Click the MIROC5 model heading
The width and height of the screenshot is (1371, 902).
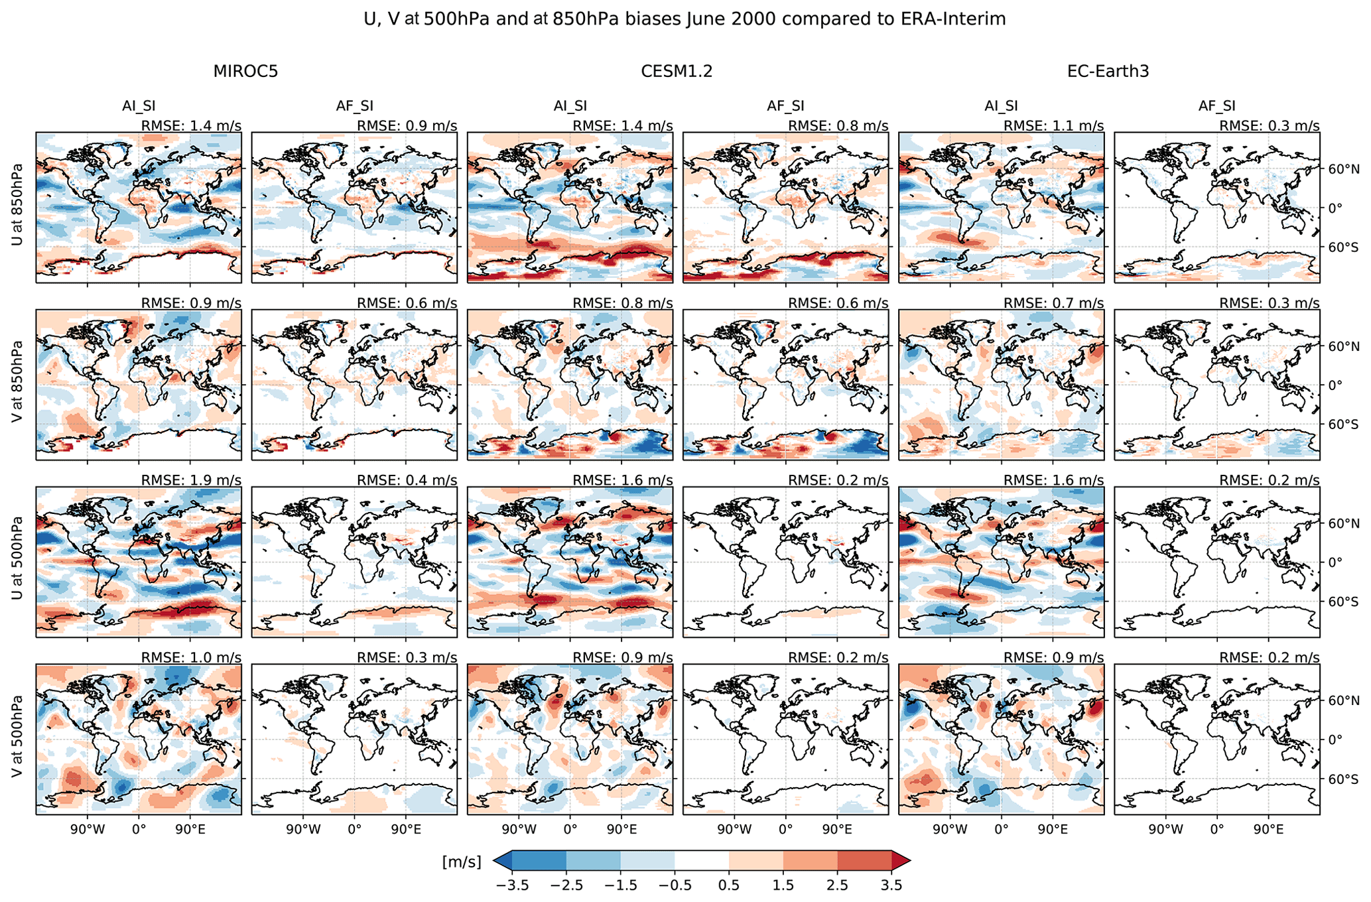coord(245,72)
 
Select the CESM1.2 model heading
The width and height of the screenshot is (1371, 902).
coord(677,72)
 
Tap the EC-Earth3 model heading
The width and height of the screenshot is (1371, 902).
coord(1108,72)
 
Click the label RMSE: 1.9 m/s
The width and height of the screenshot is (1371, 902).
coord(191,480)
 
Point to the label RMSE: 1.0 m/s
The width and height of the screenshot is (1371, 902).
coord(191,657)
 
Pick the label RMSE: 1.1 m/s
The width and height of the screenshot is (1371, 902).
coord(1053,126)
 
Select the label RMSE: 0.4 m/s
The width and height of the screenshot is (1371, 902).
coord(407,480)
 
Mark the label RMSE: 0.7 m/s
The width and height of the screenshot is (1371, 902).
coord(1053,303)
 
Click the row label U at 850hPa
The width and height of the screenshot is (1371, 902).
coord(17,204)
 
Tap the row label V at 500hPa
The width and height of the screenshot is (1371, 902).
coord(17,739)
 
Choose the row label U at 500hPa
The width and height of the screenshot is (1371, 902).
coord(17,562)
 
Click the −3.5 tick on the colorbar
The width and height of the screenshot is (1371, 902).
coord(512,885)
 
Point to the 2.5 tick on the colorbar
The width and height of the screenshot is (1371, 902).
coord(837,885)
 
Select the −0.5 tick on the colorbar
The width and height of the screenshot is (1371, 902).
coord(675,885)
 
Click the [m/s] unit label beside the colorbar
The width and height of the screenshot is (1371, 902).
coord(462,862)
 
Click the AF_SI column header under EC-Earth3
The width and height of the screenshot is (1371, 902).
coord(1216,105)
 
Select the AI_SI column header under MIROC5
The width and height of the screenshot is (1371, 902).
coord(139,105)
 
